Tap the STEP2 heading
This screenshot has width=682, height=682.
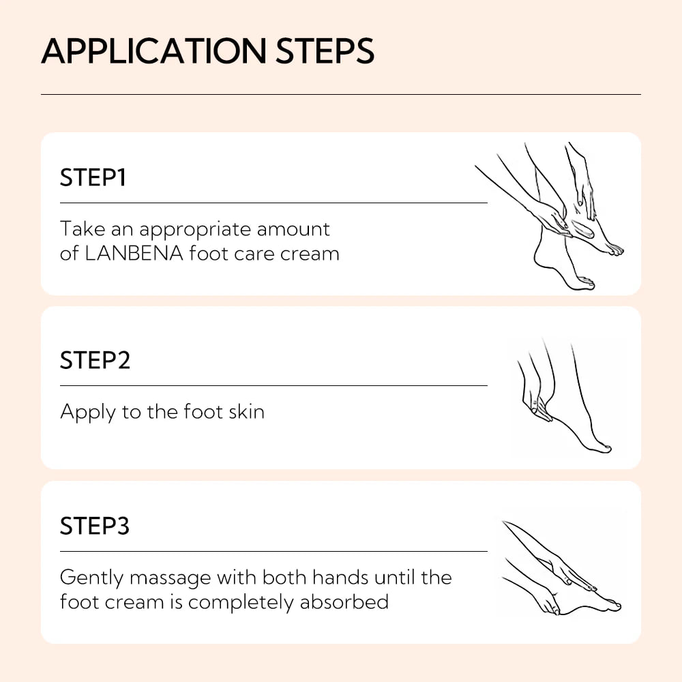click(x=95, y=360)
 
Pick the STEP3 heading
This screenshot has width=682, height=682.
click(x=95, y=527)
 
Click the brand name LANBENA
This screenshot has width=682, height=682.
click(x=134, y=254)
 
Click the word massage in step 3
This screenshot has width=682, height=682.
click(x=171, y=578)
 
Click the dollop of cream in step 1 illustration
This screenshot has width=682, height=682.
click(x=582, y=228)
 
